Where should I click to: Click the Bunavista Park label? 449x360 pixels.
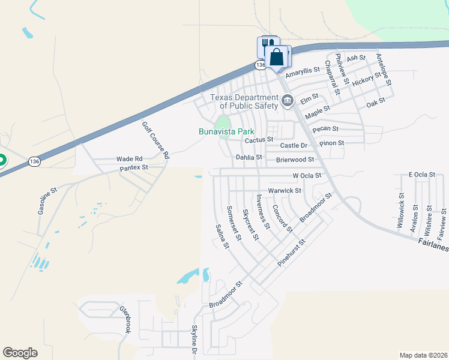pyautogui.click(x=226, y=131)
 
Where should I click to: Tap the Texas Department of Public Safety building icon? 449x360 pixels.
pyautogui.click(x=287, y=100)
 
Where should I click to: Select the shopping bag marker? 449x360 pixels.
pyautogui.click(x=277, y=58)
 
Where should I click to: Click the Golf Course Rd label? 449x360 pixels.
pyautogui.click(x=155, y=140)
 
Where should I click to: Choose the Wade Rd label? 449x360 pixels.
pyautogui.click(x=129, y=159)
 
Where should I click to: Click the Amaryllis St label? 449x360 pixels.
pyautogui.click(x=303, y=72)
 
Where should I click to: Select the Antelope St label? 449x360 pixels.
pyautogui.click(x=383, y=68)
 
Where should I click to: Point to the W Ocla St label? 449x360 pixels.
pyautogui.click(x=307, y=176)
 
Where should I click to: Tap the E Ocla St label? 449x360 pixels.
pyautogui.click(x=421, y=175)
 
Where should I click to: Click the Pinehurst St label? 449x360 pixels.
pyautogui.click(x=292, y=253)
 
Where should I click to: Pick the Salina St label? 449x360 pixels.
pyautogui.click(x=222, y=236)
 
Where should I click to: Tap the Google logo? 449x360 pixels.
pyautogui.click(x=20, y=353)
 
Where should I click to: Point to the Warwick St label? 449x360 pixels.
pyautogui.click(x=284, y=191)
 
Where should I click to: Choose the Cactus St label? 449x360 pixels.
pyautogui.click(x=259, y=140)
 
